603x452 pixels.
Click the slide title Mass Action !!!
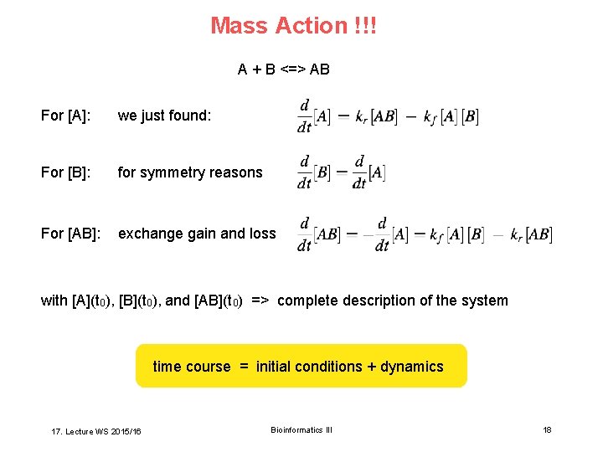click(x=293, y=26)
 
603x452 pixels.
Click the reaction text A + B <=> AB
click(x=283, y=69)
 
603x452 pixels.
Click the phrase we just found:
click(x=164, y=116)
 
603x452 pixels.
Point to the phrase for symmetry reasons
click(x=190, y=172)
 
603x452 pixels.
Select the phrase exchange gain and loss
click(x=197, y=234)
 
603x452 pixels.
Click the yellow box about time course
click(x=301, y=366)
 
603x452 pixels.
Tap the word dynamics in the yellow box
click(x=412, y=367)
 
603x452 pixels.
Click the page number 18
click(x=547, y=430)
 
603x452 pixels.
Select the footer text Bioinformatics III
click(x=301, y=430)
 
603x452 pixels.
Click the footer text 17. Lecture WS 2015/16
click(x=96, y=431)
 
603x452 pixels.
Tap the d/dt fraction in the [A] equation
click(x=305, y=116)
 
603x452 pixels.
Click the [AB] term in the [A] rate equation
click(x=384, y=117)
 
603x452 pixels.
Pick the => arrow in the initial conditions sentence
click(x=259, y=300)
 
